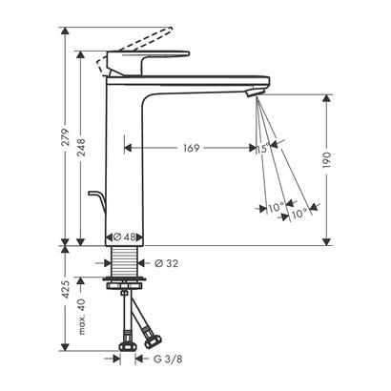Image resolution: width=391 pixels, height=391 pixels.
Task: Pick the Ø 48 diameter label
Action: tap(125, 237)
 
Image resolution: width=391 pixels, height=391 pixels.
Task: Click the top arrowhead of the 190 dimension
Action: tap(328, 96)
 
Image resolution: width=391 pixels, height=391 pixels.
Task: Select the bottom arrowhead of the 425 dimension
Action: tap(65, 349)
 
